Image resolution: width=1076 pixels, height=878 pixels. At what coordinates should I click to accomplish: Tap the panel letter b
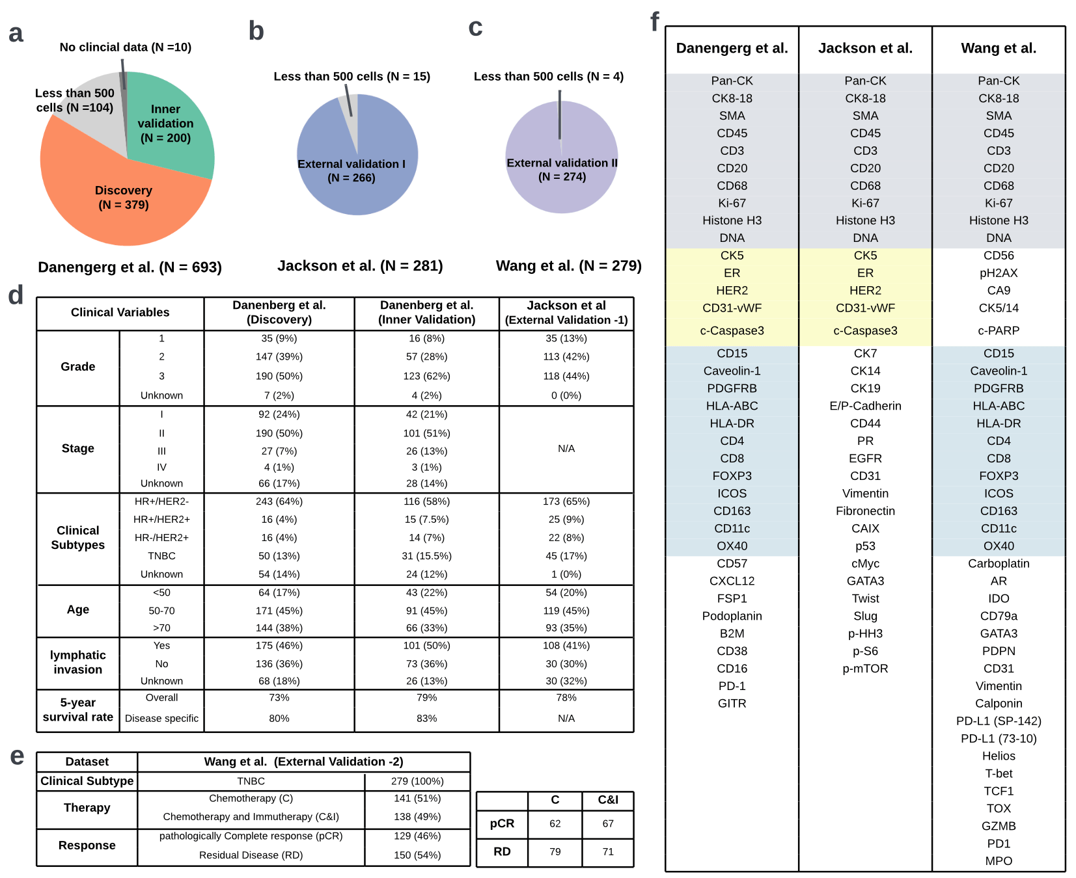coord(256,31)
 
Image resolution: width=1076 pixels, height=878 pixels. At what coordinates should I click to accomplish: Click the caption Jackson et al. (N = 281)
coord(360,265)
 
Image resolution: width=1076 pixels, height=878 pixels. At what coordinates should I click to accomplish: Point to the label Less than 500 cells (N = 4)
coord(548,76)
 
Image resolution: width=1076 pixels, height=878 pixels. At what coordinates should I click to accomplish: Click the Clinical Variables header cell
coord(120,312)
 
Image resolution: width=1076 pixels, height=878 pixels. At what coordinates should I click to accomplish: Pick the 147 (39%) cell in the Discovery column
coord(279,356)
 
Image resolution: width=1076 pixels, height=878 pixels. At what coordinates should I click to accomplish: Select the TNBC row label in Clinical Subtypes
coord(161,555)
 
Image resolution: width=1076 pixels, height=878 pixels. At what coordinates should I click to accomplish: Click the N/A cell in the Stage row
coord(566,448)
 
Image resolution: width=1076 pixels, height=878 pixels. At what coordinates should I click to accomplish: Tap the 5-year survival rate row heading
coord(77,710)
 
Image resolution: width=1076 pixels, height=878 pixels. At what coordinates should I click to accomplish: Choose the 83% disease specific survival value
coord(426,718)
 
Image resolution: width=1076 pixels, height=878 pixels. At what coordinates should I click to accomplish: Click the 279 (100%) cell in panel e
coord(417,780)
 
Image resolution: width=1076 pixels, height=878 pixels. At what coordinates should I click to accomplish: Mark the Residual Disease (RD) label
coord(251,855)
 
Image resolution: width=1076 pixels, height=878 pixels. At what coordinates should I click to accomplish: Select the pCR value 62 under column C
coord(555,823)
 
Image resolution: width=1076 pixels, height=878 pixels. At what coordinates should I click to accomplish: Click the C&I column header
coord(607,800)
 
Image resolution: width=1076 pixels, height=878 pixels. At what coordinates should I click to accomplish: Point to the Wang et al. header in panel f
coord(998,48)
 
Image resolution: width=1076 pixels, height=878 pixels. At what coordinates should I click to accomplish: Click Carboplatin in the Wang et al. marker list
coord(998,563)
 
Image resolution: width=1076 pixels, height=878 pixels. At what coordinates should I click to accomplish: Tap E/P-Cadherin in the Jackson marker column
coord(865,406)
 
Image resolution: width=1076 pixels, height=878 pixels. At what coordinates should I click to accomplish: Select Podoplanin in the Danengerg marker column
coord(732,616)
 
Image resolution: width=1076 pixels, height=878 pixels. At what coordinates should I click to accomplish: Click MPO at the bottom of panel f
coord(998,860)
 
